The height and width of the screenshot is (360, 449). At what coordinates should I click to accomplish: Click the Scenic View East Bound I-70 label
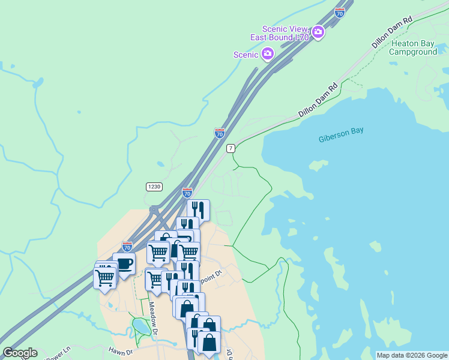(285, 33)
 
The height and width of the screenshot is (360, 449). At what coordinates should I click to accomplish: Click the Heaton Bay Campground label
(413, 47)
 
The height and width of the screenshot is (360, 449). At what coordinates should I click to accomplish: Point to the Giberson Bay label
(341, 135)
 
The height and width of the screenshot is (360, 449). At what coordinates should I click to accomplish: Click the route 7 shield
(231, 148)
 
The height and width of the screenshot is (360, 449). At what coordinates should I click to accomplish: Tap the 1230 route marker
(154, 187)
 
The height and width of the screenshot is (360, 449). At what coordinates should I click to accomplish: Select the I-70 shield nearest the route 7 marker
(220, 133)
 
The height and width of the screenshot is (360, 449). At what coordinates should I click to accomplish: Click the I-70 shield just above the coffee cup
(127, 246)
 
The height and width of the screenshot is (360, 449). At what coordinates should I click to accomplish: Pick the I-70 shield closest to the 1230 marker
(187, 193)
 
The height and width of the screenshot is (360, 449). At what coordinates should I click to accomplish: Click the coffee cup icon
(124, 264)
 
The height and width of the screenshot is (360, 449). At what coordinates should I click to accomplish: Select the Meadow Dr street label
(153, 317)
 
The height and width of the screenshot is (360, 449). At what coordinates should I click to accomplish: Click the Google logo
(20, 353)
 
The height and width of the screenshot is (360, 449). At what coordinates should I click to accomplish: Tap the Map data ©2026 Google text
(412, 355)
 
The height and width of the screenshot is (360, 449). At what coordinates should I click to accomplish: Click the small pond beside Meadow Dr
(141, 326)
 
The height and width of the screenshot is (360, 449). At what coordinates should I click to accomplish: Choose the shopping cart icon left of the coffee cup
(105, 278)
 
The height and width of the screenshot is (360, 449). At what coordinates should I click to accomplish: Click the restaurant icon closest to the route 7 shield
(198, 210)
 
